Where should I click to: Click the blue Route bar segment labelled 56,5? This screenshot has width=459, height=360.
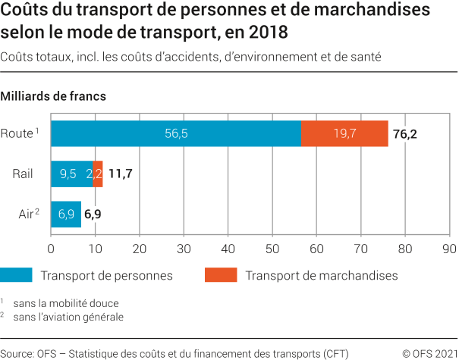[x=176, y=133]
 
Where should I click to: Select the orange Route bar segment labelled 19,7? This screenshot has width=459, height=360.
[x=344, y=133]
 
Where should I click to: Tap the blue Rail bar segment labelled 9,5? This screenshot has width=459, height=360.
[x=71, y=174]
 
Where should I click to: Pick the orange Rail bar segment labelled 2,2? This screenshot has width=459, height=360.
[x=98, y=174]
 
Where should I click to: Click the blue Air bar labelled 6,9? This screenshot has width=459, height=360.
[x=66, y=214]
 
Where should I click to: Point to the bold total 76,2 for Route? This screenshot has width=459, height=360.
[x=405, y=134]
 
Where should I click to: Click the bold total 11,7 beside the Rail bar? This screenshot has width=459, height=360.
[x=120, y=174]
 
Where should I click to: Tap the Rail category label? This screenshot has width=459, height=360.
[x=22, y=174]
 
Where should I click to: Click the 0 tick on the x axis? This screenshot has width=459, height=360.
[x=51, y=248]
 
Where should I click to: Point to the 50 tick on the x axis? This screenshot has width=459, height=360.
[x=272, y=248]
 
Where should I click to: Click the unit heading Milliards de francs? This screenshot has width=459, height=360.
[x=53, y=96]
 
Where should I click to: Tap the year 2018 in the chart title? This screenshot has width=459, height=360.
[x=269, y=33]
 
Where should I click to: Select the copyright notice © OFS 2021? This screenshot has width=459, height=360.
[x=429, y=352]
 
